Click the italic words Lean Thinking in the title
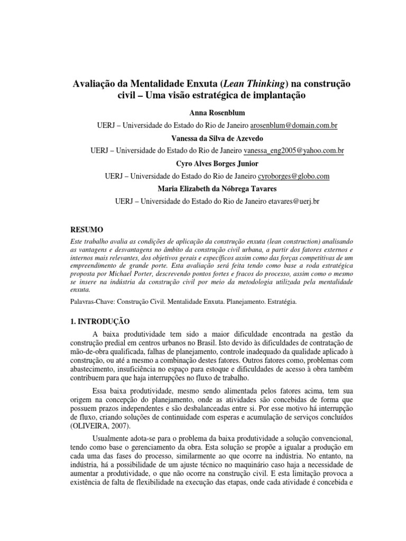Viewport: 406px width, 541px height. pos(250,85)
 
